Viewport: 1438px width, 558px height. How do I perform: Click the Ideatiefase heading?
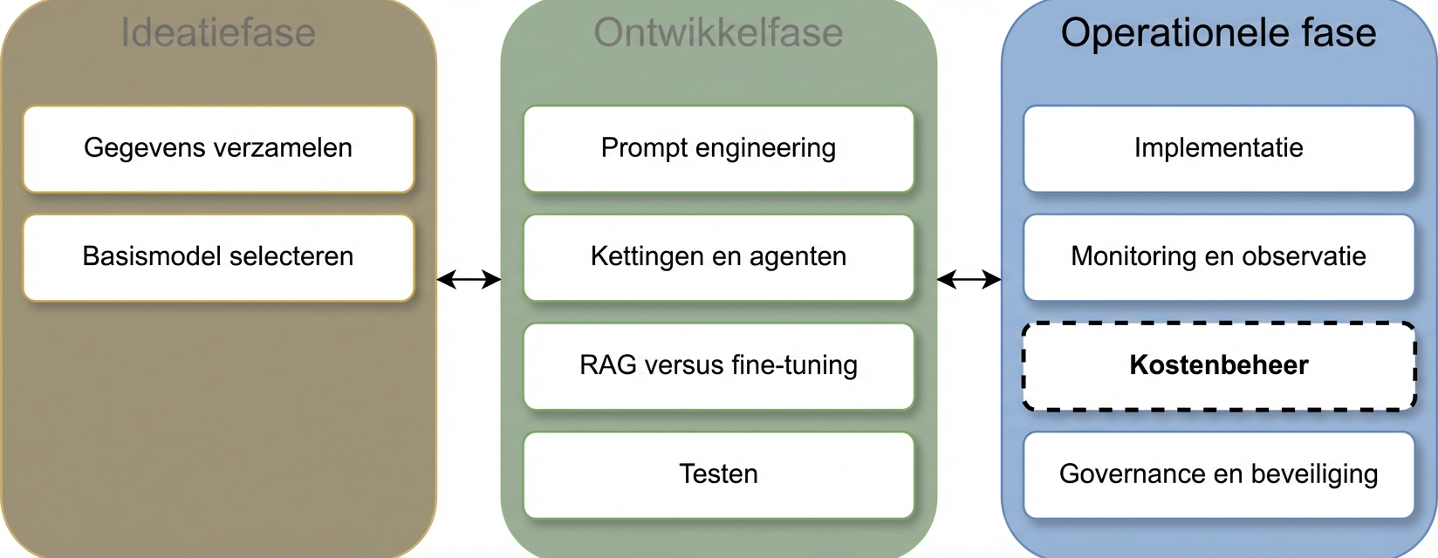pyautogui.click(x=218, y=33)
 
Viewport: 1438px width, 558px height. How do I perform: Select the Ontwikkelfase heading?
pyautogui.click(x=718, y=33)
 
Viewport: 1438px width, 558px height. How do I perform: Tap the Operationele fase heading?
pyautogui.click(x=1218, y=33)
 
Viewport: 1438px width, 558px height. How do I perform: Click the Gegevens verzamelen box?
pyautogui.click(x=218, y=148)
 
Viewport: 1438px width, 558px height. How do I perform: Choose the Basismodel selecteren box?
pyautogui.click(x=218, y=257)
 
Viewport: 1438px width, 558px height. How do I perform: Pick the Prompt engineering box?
pyautogui.click(x=718, y=148)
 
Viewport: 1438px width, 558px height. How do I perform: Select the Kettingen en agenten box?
pyautogui.click(x=718, y=257)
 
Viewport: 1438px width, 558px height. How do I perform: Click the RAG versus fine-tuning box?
pyautogui.click(x=718, y=365)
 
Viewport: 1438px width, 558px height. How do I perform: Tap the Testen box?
pyautogui.click(x=718, y=474)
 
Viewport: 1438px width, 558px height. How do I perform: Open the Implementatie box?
pyautogui.click(x=1218, y=148)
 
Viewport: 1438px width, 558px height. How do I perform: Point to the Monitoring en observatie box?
pyautogui.click(x=1218, y=257)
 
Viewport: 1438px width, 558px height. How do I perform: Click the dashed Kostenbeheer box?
pyautogui.click(x=1218, y=365)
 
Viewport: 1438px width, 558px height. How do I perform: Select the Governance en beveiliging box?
pyautogui.click(x=1218, y=474)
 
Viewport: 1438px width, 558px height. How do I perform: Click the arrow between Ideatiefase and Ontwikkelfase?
pyautogui.click(x=469, y=280)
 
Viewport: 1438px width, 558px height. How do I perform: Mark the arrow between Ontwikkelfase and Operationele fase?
pyautogui.click(x=969, y=280)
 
